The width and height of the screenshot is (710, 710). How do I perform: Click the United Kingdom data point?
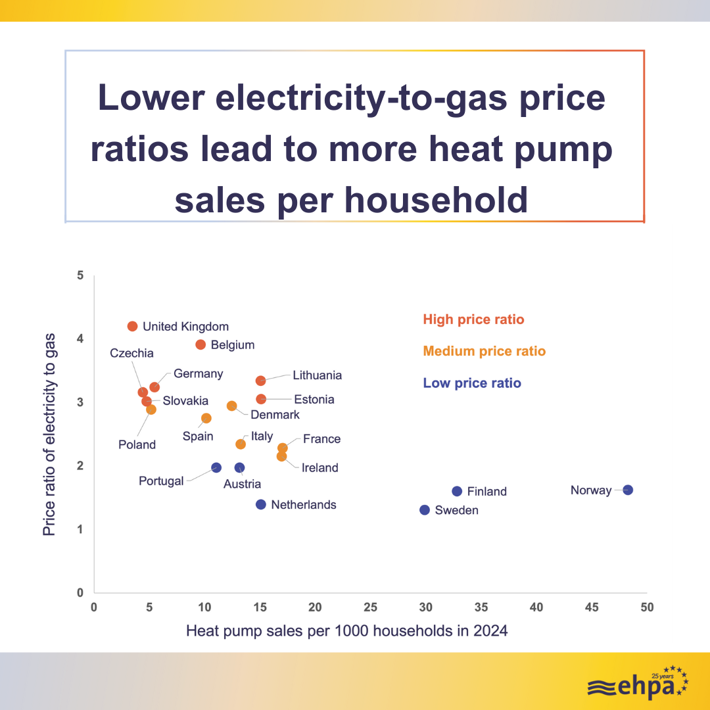point(132,326)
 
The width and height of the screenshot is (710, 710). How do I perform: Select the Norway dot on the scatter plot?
point(628,490)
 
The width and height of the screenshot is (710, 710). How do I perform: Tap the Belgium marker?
point(201,344)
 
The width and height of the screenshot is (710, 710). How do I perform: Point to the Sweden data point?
point(425,510)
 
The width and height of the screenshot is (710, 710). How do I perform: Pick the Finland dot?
point(457,491)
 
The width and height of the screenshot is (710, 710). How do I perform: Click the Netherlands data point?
point(260,504)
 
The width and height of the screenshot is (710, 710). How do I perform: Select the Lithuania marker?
point(260,381)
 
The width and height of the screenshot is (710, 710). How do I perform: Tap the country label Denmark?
point(275,415)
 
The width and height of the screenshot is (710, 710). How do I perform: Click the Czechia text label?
point(131,353)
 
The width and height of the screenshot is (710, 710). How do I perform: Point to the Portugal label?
point(161,481)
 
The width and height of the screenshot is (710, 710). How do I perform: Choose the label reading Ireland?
point(319,467)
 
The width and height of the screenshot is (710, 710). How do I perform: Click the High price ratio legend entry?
point(473,319)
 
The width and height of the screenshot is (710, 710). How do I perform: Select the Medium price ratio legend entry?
point(484,351)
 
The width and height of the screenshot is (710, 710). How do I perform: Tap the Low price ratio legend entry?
point(472,383)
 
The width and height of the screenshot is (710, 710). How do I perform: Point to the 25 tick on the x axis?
point(371,607)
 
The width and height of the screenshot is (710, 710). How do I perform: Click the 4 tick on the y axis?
point(80,339)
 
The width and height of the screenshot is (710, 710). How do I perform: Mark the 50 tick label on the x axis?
point(647,607)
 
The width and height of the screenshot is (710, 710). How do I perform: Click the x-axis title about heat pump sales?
point(347,631)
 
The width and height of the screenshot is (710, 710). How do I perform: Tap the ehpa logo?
point(637,684)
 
